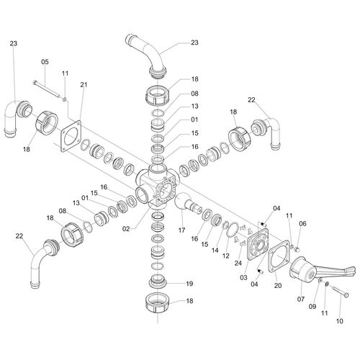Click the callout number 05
45,62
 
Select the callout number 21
84,85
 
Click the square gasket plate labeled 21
71,136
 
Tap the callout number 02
126,229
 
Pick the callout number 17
181,230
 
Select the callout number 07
301,299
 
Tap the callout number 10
340,321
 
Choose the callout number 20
278,286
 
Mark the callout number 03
243,278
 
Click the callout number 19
189,284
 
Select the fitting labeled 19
158,281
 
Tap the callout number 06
302,223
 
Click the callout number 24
238,263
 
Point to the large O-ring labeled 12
233,230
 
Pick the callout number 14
215,250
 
